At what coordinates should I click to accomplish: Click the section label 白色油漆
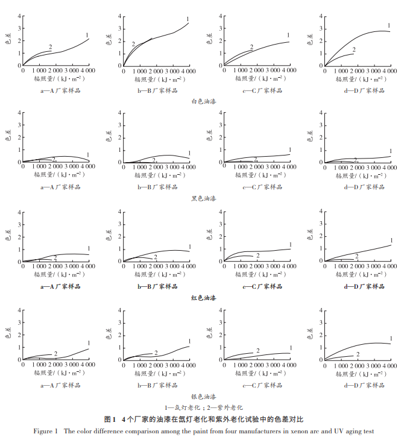[203, 102]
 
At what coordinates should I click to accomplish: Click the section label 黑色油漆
[203, 198]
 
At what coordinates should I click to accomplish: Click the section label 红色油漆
[203, 298]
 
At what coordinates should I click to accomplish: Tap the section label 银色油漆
[203, 397]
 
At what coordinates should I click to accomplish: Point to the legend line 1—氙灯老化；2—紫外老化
[204, 408]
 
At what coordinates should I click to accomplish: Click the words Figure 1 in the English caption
[46, 431]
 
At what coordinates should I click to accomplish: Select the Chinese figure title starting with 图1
[203, 419]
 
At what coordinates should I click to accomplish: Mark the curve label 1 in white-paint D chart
[389, 25]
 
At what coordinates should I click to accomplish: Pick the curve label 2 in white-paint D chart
[354, 50]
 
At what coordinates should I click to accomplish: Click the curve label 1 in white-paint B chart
[188, 20]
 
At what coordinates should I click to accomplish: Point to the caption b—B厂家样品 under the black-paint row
[157, 187]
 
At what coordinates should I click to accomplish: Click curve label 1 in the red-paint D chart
[391, 240]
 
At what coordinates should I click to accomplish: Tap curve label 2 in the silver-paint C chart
[257, 351]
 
